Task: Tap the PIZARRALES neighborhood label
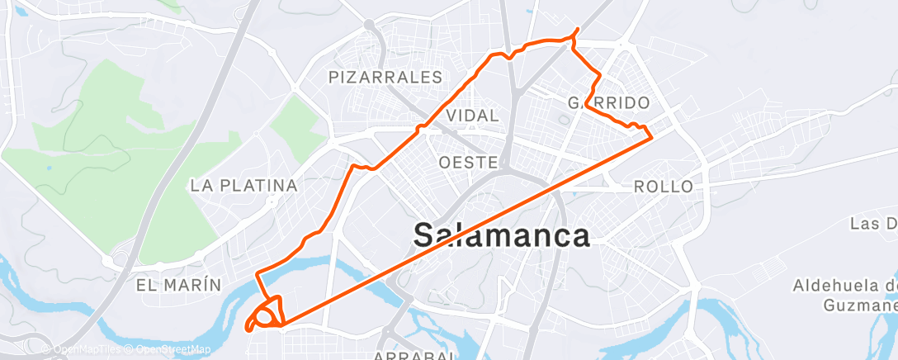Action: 386,78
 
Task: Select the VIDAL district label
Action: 472,115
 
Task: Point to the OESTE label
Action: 469,162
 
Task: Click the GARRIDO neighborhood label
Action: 609,103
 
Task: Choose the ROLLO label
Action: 664,187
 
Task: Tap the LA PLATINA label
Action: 243,186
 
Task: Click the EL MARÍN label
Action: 179,286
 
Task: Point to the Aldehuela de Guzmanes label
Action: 844,296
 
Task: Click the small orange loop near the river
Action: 267,315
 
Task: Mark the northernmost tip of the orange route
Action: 576,30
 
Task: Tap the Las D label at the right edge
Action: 874,224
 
